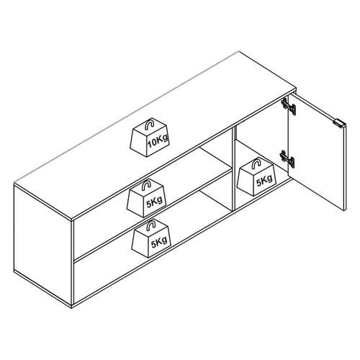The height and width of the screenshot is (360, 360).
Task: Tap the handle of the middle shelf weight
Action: [146, 185]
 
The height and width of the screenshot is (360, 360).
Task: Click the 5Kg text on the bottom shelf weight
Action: [159, 242]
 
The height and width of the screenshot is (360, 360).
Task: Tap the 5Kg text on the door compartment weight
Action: [264, 181]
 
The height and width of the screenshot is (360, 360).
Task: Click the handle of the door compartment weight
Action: [256, 164]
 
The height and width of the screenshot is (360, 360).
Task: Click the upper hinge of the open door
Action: [289, 106]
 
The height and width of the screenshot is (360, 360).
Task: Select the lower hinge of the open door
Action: [287, 158]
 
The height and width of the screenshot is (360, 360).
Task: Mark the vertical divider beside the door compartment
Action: [233, 168]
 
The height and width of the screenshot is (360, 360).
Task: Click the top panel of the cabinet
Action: [155, 135]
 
